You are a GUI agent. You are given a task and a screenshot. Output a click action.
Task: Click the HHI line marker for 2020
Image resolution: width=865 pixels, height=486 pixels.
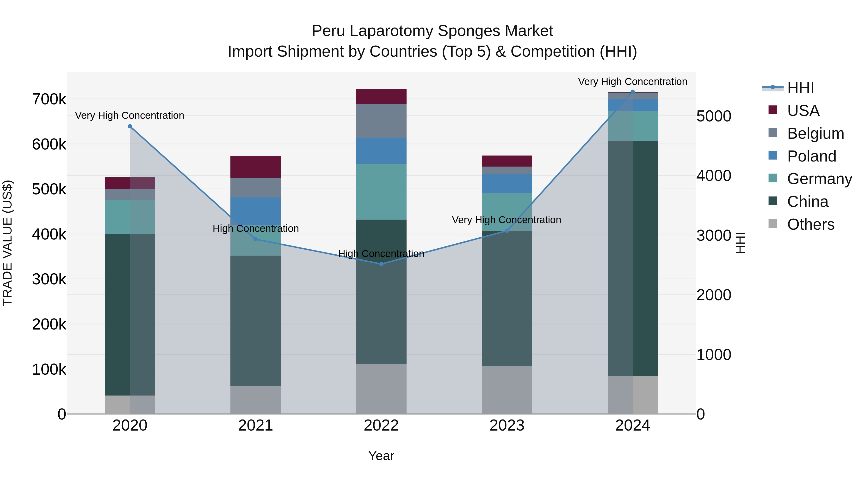[130, 126]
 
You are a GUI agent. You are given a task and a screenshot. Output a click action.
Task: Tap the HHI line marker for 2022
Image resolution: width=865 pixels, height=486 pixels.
[381, 264]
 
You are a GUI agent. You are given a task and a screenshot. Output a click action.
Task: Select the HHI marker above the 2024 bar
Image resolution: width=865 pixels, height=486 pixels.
[633, 92]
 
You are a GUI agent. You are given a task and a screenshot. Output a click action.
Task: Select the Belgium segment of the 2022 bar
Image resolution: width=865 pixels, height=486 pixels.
[381, 121]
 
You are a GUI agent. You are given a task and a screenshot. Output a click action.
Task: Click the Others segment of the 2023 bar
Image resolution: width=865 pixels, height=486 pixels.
[507, 390]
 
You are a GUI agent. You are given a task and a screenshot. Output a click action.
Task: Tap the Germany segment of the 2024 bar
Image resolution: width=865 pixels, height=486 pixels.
[633, 126]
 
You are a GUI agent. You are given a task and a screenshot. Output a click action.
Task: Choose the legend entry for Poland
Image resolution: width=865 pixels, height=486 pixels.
[811, 156]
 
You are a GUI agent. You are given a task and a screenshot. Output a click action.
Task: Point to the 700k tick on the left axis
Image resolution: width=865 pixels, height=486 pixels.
[49, 99]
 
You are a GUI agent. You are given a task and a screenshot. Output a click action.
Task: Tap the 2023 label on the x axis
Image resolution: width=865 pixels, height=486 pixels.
[507, 425]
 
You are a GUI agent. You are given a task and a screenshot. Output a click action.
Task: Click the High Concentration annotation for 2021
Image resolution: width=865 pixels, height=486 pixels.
[256, 228]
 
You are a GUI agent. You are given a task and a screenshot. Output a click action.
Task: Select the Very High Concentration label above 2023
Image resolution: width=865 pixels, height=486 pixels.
[506, 220]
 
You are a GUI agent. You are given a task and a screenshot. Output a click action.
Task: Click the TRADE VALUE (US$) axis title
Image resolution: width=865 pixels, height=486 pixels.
[7, 243]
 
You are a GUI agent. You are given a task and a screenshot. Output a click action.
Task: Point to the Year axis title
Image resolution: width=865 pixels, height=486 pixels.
[381, 456]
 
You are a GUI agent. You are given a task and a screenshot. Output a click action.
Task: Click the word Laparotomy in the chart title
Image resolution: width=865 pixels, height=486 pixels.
[391, 31]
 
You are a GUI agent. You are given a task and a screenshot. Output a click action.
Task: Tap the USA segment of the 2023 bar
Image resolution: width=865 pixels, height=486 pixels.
[507, 161]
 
